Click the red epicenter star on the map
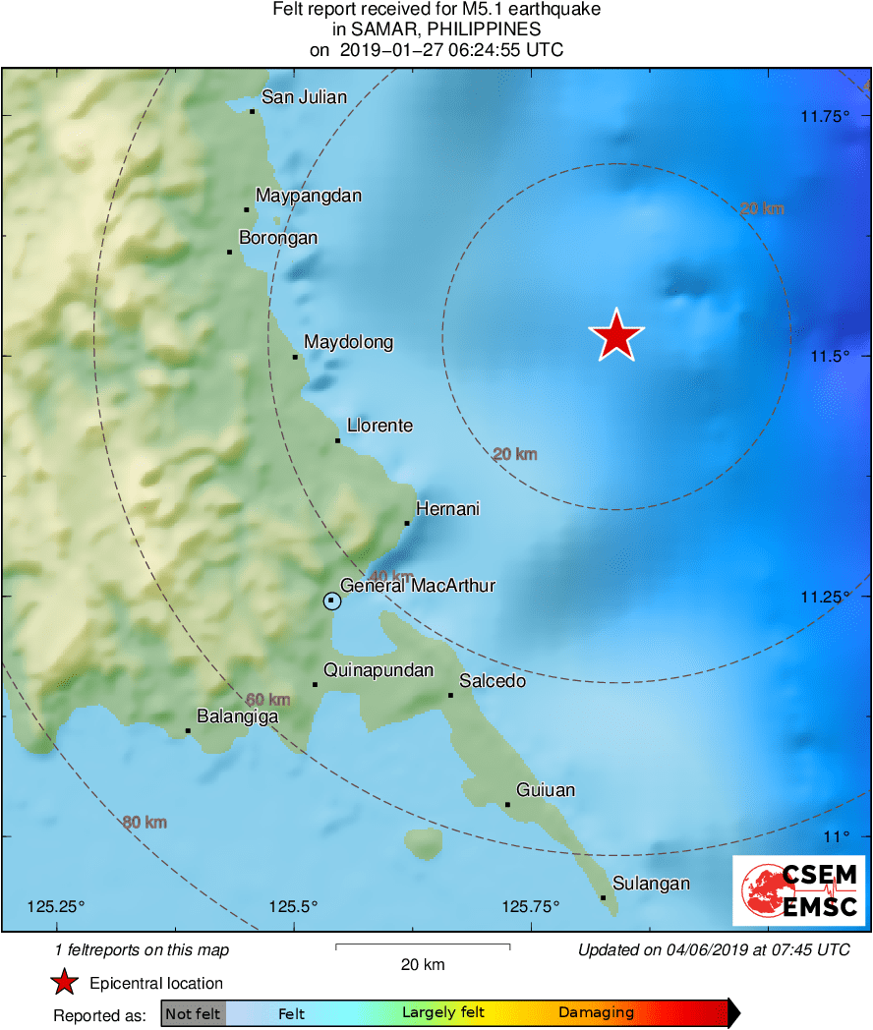(616, 336)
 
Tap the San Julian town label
(304, 96)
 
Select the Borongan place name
(278, 238)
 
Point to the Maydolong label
(348, 342)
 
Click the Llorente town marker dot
(337, 440)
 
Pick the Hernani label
(447, 509)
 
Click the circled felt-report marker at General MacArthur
(332, 601)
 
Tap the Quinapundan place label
(378, 671)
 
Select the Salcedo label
(493, 681)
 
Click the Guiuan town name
(546, 790)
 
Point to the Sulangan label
(651, 884)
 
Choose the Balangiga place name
(238, 716)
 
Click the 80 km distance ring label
(145, 823)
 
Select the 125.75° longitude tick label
(530, 906)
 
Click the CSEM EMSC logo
(799, 890)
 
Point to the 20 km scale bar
(423, 946)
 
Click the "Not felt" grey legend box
(194, 1013)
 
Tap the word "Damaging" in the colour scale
(596, 1012)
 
